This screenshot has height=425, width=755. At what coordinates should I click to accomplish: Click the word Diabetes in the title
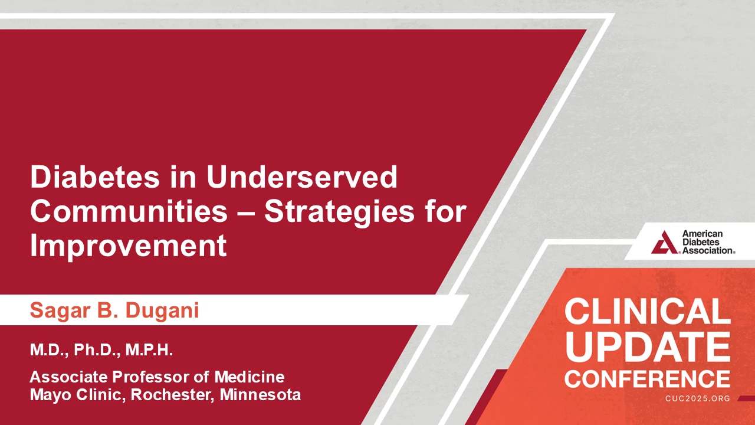(95, 176)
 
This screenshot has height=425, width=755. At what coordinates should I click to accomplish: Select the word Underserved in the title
(302, 176)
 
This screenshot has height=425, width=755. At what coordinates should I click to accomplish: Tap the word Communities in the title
(129, 211)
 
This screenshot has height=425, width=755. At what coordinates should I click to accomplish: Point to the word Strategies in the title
(339, 213)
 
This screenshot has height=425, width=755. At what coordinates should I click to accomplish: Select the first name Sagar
(61, 311)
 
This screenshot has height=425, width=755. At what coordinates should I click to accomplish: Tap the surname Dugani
(162, 311)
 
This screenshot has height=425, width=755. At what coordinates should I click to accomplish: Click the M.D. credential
(49, 350)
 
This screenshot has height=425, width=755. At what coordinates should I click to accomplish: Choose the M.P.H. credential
(149, 350)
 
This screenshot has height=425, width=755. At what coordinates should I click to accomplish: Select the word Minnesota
(260, 395)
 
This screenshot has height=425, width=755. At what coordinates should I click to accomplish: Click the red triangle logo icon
(664, 242)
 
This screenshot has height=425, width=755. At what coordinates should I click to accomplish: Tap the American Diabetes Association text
(708, 242)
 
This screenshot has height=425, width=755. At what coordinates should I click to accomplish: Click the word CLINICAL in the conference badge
(648, 311)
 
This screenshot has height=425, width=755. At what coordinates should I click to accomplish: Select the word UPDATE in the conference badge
(648, 347)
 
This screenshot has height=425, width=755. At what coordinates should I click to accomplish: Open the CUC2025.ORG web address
(698, 398)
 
